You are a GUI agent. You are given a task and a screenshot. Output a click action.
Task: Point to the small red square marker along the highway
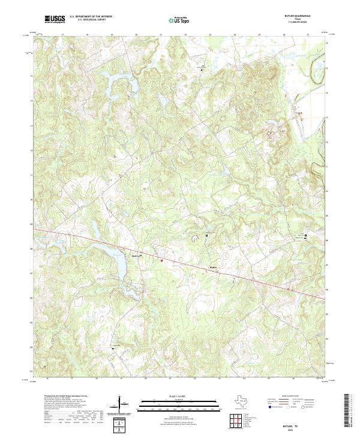161,260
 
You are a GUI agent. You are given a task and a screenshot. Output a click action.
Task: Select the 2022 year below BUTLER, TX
296,428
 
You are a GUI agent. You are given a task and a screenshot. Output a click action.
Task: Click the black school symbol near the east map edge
306,236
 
